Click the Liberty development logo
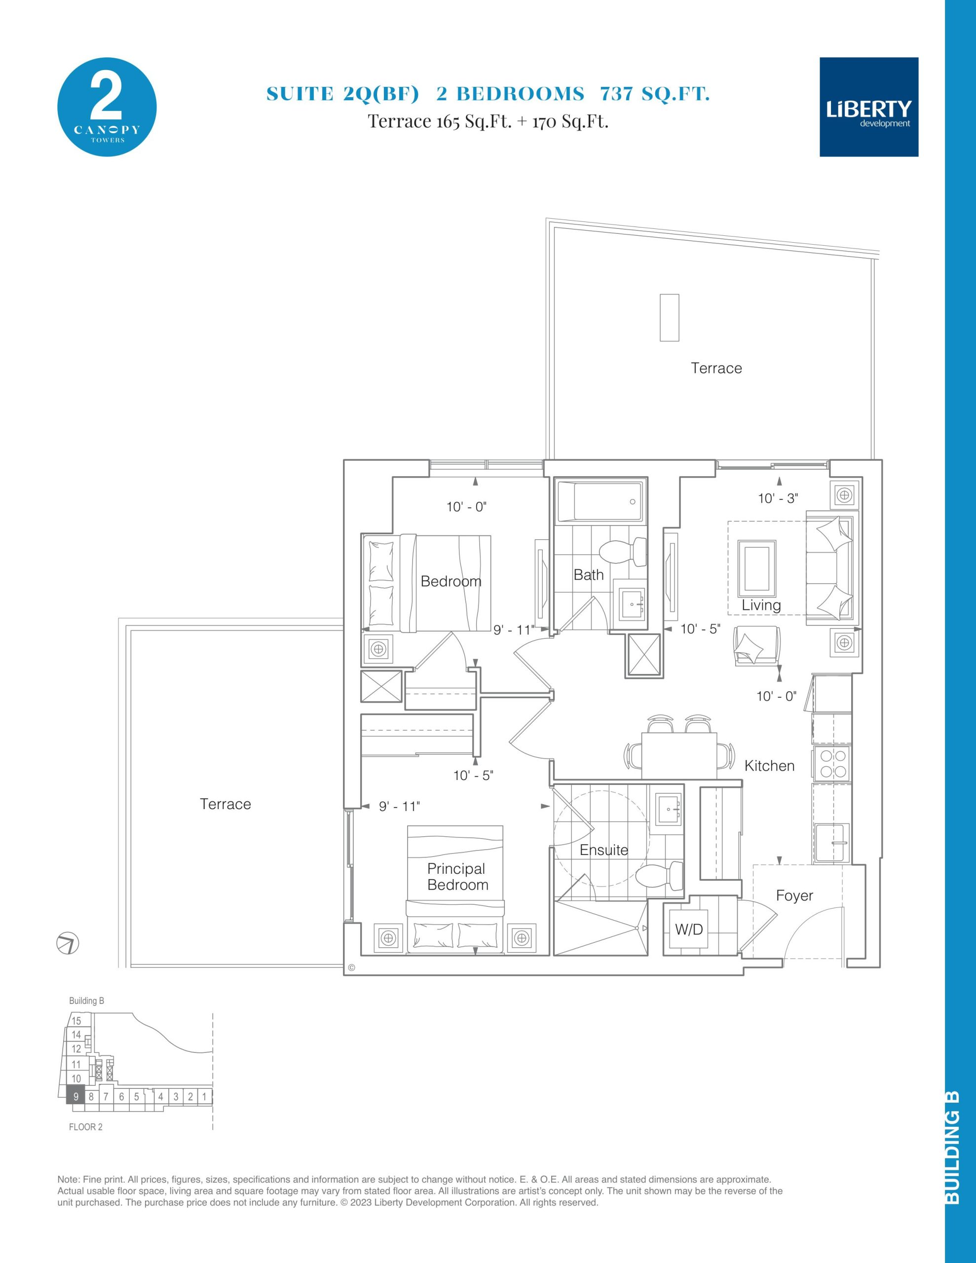[869, 107]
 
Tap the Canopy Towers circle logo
[107, 107]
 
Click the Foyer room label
[794, 896]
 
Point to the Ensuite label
[604, 850]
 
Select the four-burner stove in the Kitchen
[831, 763]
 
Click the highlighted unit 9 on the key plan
[76, 1096]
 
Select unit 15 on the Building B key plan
[77, 1021]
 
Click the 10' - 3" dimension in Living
[778, 498]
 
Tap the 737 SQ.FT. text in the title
[655, 94]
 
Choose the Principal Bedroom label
[457, 877]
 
